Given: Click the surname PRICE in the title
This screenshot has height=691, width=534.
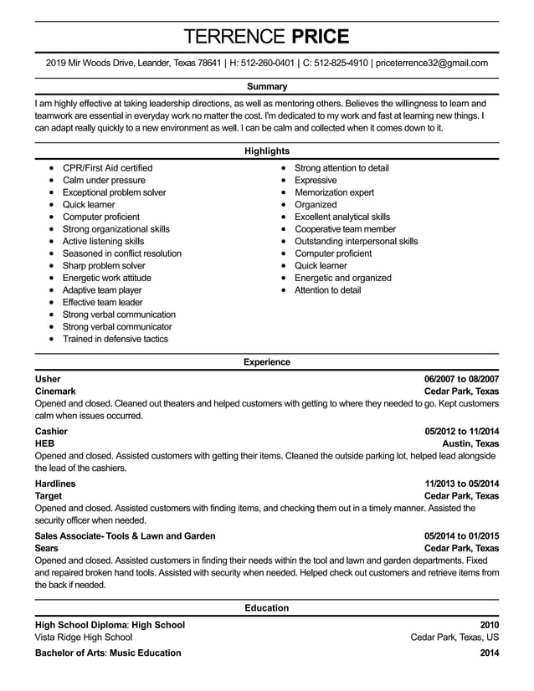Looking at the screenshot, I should pos(319,36).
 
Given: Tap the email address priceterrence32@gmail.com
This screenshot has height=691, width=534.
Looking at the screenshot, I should pos(432,63).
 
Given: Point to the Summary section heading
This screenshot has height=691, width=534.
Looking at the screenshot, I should pos(267,86).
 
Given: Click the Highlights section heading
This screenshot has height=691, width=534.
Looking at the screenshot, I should pos(267,151).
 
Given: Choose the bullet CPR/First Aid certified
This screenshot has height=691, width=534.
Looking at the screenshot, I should pos(107,168).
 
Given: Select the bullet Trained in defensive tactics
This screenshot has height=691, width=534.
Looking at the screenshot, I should pos(115,339).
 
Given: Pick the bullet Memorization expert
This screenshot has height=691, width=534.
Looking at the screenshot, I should pos(334,192).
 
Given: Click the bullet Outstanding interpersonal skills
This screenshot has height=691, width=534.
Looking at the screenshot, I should pos(356,241).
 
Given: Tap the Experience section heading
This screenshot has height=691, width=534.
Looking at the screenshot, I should pos(267,362).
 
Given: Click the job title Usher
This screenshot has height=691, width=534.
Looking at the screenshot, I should pos(48,379).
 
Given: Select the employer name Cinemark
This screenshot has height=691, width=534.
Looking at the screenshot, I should pos(55,392).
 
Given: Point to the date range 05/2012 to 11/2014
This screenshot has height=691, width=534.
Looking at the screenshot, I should pos(461,432).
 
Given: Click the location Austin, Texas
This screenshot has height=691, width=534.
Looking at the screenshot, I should pos(470,444).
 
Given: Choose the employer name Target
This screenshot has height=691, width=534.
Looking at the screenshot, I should pos(49,496).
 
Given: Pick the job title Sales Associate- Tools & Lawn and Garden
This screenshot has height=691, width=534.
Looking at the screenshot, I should pos(125,536).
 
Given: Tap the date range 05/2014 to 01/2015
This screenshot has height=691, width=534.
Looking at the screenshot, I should pos(461,536).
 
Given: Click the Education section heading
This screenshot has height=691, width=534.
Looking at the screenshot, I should pos(267,608).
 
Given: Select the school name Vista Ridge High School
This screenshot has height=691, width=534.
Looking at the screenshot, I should pos(83,637).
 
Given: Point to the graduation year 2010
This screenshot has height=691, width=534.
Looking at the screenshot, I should pos(489,625).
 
